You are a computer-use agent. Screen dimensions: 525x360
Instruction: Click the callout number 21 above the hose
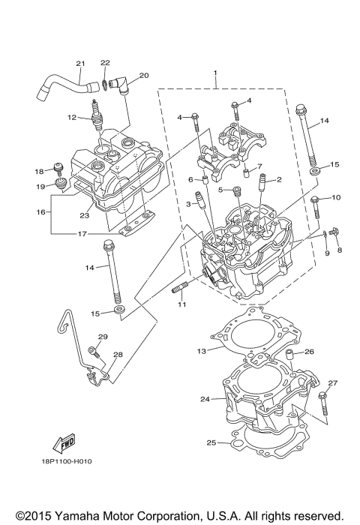coord(80,63)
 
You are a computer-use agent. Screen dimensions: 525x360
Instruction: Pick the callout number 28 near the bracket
coord(118,355)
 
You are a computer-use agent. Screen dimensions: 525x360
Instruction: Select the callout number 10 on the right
coord(335,197)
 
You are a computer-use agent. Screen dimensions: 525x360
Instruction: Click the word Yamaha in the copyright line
coord(74,517)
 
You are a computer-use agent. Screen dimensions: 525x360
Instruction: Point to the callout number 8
coord(339,250)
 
